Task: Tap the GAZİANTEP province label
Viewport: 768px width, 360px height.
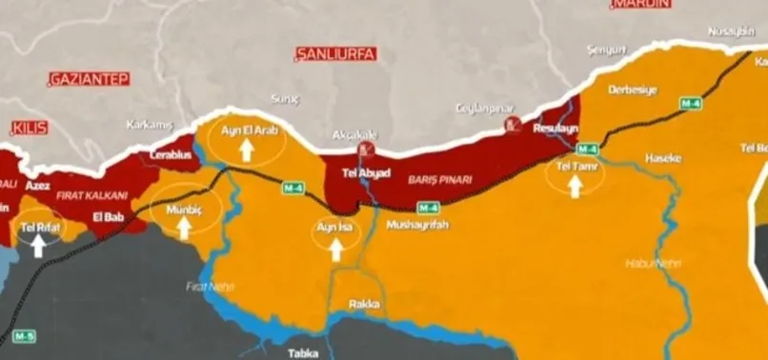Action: [x=89, y=78]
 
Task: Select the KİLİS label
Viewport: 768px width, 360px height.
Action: [x=30, y=128]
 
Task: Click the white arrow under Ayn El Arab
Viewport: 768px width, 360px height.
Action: [x=246, y=149]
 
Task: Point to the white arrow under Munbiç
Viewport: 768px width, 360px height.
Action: [x=184, y=228]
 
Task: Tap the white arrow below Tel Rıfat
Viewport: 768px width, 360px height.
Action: [x=38, y=247]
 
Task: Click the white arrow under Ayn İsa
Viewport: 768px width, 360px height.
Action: [x=335, y=250]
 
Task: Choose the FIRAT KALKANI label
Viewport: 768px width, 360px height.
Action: [x=92, y=194]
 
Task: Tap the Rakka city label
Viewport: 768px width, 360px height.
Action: [x=364, y=305]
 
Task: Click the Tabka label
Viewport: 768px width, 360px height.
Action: [x=304, y=352]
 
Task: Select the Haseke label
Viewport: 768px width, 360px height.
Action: [x=663, y=158]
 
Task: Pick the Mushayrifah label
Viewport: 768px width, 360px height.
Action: [x=416, y=226]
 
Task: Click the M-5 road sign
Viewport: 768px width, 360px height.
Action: [x=25, y=336]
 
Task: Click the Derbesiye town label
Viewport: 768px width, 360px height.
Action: [x=633, y=89]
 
